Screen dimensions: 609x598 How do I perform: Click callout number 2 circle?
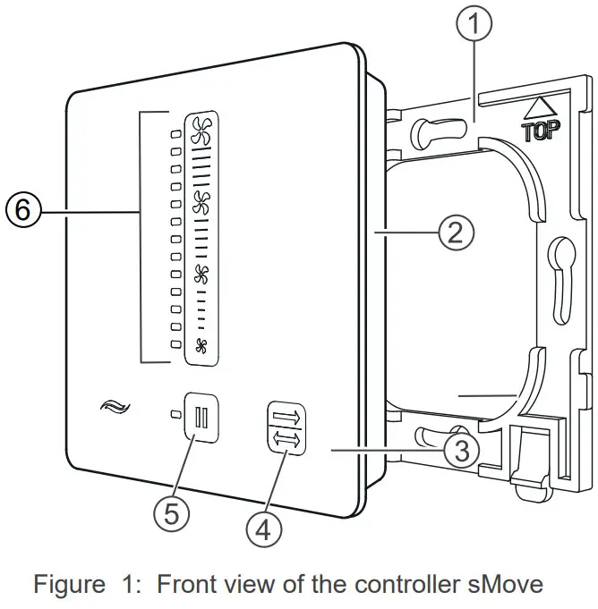(454, 233)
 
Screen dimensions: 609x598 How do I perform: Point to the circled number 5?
(171, 512)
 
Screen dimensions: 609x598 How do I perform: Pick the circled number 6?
(22, 212)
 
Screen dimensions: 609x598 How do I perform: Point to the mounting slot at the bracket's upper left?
(430, 133)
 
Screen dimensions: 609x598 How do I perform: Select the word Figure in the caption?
(68, 586)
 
